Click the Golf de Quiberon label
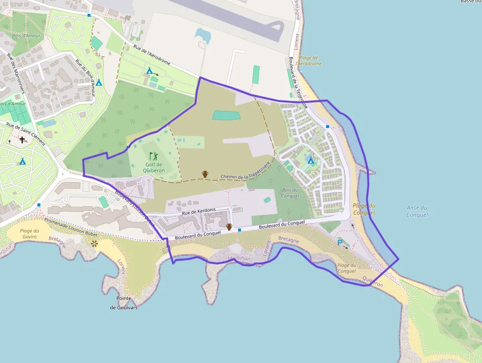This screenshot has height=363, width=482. click(x=154, y=167)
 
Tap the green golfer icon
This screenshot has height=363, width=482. click(x=154, y=156)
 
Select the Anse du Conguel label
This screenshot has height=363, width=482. click(x=417, y=211)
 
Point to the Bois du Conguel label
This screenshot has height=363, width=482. click(x=290, y=193)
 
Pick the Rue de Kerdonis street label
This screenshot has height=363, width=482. click(x=199, y=212)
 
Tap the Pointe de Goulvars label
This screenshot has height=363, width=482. click(x=123, y=303)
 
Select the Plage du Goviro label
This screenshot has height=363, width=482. click(x=30, y=233)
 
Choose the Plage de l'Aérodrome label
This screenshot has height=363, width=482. click(x=310, y=61)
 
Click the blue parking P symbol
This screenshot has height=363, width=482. click(x=339, y=242)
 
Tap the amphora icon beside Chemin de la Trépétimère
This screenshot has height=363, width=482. click(x=205, y=174)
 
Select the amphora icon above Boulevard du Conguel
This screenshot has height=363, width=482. click(x=229, y=227)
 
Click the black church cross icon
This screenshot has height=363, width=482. click(x=22, y=140)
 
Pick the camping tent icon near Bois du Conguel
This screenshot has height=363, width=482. click(x=310, y=161)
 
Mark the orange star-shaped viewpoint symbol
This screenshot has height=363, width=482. click(x=94, y=243)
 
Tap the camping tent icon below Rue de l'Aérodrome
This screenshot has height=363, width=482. click(x=149, y=71)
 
